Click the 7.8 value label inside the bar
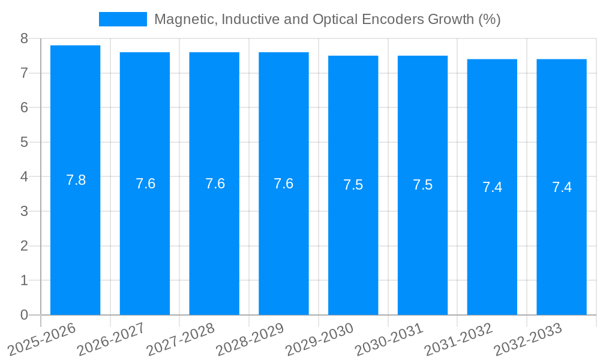coord(76,180)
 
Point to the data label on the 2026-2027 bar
coord(145,184)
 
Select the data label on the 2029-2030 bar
coord(353,185)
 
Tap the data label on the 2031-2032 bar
coord(492,187)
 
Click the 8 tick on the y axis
coord(24,38)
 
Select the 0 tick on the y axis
coord(24,315)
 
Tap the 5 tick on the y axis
coord(24,142)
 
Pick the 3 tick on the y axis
coord(24,211)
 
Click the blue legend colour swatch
coord(122,19)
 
